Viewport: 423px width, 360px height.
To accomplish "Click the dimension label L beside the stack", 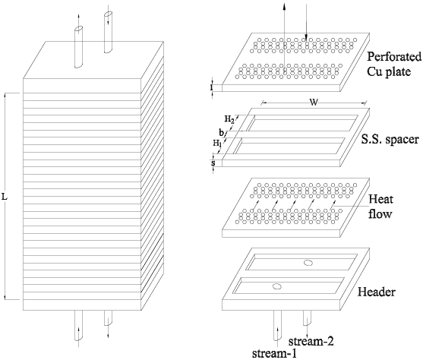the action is pyautogui.click(x=5, y=197).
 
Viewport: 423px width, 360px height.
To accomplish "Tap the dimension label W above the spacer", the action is pyautogui.click(x=314, y=103).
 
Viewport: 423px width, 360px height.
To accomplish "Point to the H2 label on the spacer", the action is pyautogui.click(x=229, y=119).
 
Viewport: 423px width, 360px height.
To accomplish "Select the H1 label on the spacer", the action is pyautogui.click(x=217, y=144).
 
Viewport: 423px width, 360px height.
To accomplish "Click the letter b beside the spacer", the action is pyautogui.click(x=222, y=133).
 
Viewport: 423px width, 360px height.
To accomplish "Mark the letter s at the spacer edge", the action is pyautogui.click(x=213, y=163).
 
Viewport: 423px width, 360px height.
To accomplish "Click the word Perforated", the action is pyautogui.click(x=394, y=57).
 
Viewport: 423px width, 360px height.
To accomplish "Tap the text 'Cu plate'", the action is pyautogui.click(x=389, y=71).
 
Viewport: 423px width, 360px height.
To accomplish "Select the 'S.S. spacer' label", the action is pyautogui.click(x=390, y=140).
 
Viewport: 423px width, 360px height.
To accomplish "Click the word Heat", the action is pyautogui.click(x=381, y=199).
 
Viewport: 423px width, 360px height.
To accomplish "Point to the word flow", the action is pyautogui.click(x=380, y=213).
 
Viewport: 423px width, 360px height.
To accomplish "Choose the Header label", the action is pyautogui.click(x=377, y=292).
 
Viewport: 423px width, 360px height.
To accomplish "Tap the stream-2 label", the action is pyautogui.click(x=311, y=341).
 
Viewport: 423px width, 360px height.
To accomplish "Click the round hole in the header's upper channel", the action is pyautogui.click(x=307, y=262).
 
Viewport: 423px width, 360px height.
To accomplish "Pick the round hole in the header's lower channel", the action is pyautogui.click(x=276, y=286).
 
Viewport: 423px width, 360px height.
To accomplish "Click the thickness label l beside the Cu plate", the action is pyautogui.click(x=213, y=87).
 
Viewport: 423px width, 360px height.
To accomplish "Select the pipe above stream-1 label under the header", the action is pyautogui.click(x=278, y=325).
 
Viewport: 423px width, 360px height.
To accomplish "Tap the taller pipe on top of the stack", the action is pyautogui.click(x=108, y=32).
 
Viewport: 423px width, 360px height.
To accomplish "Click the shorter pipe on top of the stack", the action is pyautogui.click(x=78, y=47).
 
